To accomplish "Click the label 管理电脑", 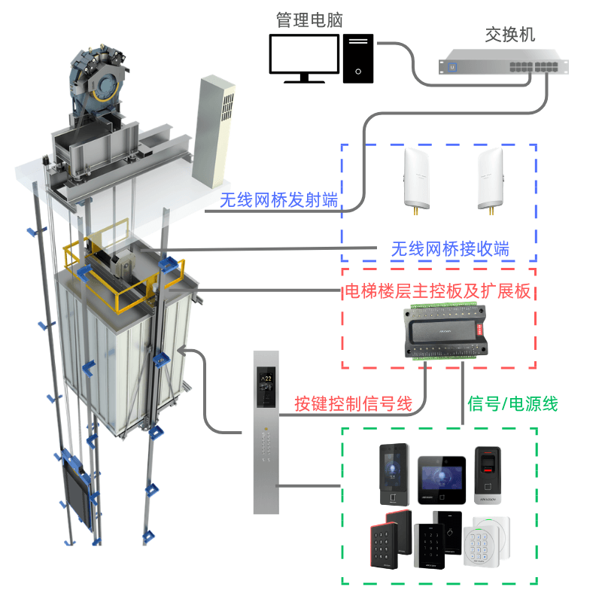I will point(309,20).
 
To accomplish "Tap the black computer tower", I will point(358,58).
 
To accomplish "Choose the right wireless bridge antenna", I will point(491,178).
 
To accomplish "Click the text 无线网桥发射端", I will point(278,200).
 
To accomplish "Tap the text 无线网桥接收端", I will point(450,249).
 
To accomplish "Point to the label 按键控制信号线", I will point(354,404).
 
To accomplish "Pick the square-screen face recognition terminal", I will point(437,480).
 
